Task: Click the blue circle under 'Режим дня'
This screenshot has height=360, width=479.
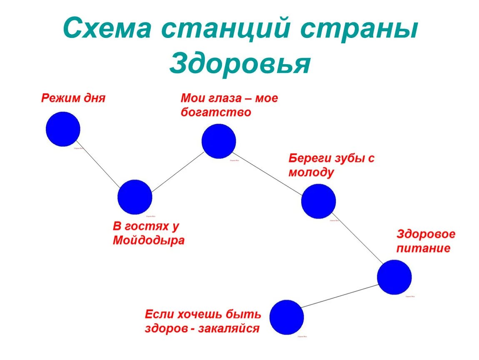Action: (63, 129)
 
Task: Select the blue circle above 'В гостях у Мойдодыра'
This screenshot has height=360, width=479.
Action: (135, 197)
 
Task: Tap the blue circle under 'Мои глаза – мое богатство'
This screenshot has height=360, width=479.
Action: (219, 141)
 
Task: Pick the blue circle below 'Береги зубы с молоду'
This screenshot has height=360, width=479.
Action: (319, 201)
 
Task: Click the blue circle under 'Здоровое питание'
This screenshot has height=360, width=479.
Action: (394, 277)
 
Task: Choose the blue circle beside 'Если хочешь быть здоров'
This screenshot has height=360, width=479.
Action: (287, 317)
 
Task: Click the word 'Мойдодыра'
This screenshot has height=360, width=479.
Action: (149, 241)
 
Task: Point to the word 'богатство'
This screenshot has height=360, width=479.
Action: (216, 112)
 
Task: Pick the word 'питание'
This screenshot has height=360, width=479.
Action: (423, 249)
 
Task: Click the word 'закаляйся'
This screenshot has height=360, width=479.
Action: (229, 328)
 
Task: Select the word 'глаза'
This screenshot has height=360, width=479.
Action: (226, 98)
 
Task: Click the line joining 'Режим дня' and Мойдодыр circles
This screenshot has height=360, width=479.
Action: (99, 163)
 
